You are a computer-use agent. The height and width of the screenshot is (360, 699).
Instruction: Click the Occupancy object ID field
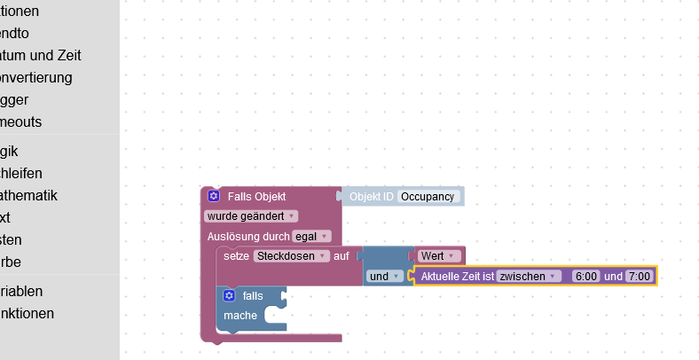point(428,196)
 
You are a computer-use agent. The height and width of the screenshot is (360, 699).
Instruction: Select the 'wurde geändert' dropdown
point(251,215)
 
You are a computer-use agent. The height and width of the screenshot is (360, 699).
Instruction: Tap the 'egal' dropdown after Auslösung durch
point(311,236)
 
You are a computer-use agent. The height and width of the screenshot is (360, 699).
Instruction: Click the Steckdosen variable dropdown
point(291,255)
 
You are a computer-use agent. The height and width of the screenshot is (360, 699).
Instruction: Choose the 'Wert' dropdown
point(440,256)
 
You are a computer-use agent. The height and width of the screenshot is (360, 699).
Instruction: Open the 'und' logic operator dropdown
point(384,277)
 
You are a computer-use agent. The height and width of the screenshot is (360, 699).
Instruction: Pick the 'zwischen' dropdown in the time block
point(528,277)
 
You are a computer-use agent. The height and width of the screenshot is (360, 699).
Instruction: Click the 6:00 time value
point(586,277)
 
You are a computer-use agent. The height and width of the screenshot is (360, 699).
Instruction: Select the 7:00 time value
point(639,277)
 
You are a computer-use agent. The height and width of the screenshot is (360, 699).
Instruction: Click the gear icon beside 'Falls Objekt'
point(214,196)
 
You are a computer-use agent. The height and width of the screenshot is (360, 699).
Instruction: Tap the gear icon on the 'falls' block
point(229,295)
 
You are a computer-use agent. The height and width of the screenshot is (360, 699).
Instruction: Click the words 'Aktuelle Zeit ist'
point(456,277)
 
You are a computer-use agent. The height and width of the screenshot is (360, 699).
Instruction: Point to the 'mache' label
point(240,316)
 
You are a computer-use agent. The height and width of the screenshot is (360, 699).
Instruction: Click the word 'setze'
point(236,255)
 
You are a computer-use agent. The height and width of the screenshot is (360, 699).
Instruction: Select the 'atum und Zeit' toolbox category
point(41,55)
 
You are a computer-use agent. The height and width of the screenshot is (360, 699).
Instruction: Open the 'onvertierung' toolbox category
point(36,77)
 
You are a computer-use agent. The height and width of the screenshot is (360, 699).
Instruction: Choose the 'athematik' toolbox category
point(29,195)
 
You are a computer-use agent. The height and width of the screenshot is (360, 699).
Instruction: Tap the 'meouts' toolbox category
point(21,121)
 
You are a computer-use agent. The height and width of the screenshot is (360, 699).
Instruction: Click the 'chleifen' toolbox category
point(21,173)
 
